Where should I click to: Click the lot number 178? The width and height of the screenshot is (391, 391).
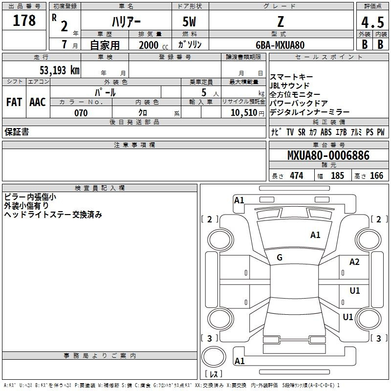(24, 20)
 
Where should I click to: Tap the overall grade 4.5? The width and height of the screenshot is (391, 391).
(372, 22)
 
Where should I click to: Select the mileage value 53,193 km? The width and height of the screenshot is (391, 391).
(60, 70)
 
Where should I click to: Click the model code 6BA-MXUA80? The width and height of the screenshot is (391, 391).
(280, 45)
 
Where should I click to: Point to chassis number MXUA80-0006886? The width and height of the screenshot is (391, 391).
(328, 155)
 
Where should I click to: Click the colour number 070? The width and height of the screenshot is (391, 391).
(81, 113)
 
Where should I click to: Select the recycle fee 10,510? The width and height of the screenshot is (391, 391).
(244, 113)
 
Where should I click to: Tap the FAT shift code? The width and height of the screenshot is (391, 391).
(14, 102)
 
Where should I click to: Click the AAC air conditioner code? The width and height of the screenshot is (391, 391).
(38, 102)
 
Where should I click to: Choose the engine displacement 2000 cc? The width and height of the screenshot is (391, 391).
(153, 45)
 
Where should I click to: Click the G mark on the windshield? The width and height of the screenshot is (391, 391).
(280, 258)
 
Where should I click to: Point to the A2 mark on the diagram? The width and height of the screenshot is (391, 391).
(354, 262)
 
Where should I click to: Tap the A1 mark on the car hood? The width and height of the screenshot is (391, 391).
(315, 235)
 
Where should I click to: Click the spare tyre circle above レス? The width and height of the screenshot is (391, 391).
(214, 356)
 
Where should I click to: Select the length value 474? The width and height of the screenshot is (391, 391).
(297, 175)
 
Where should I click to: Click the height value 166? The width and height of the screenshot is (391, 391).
(376, 175)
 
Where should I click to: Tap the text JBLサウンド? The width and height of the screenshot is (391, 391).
(289, 86)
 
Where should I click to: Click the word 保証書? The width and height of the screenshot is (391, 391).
(17, 132)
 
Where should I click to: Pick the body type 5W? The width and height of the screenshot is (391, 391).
(189, 22)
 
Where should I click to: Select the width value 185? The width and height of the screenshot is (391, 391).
(337, 175)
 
